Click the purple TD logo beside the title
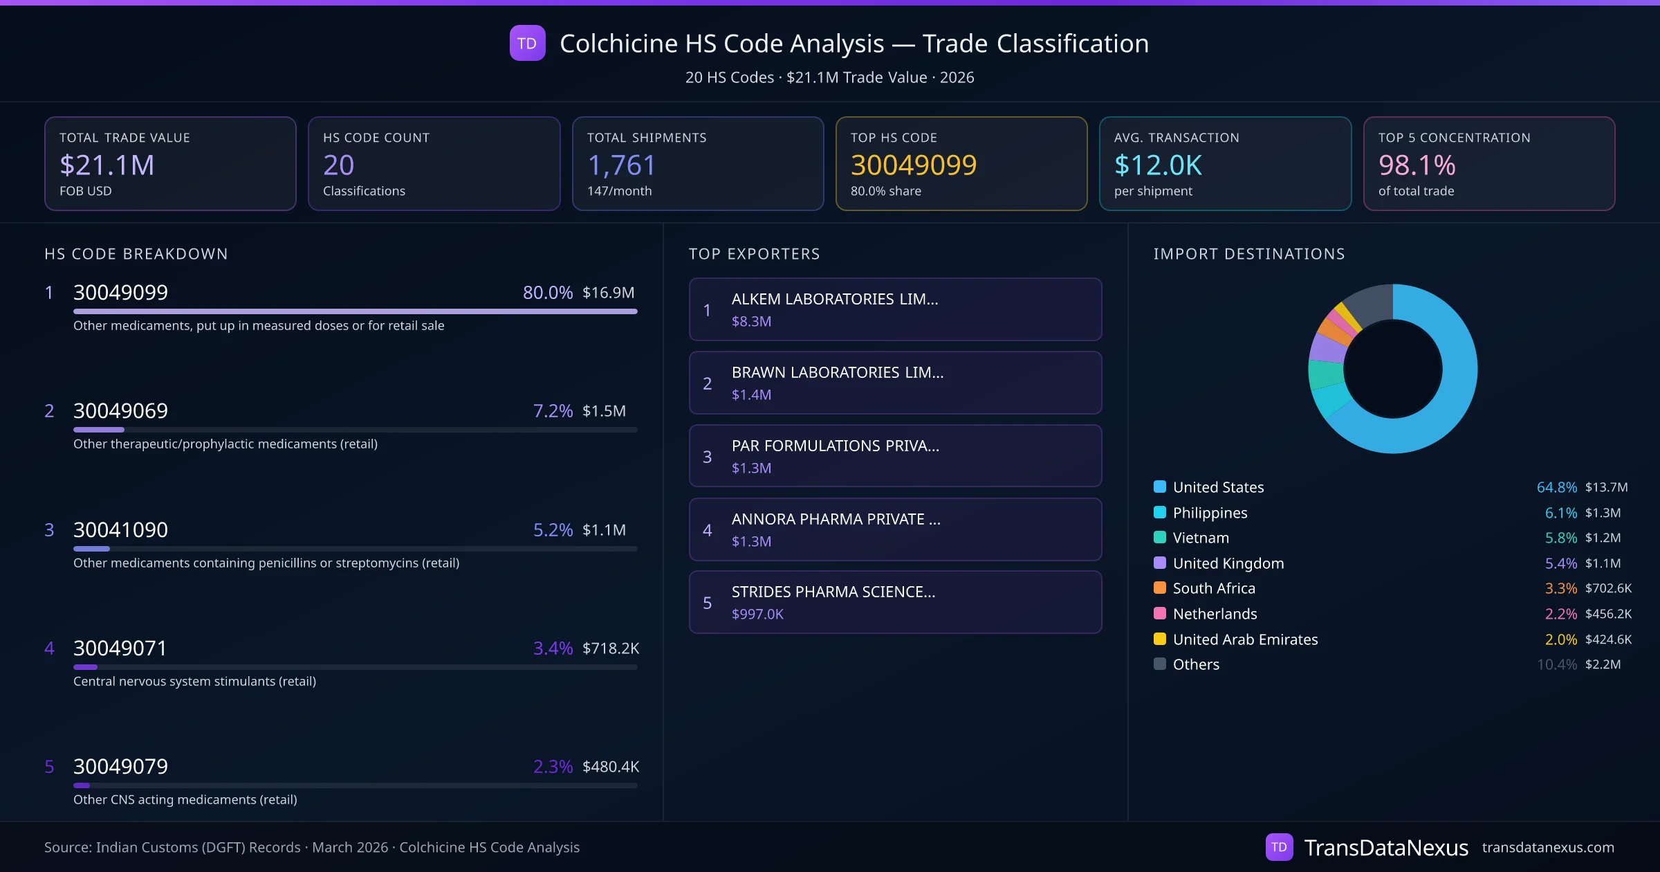click(527, 44)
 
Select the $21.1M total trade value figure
click(107, 165)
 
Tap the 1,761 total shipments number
click(621, 165)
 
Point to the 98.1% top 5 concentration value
click(1417, 165)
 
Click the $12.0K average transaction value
click(1158, 165)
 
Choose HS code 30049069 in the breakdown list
click(120, 411)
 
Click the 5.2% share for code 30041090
click(553, 530)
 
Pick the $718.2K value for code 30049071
click(610, 648)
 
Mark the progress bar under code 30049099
click(355, 311)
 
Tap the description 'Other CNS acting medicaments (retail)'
click(185, 800)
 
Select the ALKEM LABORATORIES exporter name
click(835, 299)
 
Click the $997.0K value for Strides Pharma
click(757, 615)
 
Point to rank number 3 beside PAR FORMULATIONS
click(707, 457)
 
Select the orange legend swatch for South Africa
click(1160, 588)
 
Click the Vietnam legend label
click(1201, 538)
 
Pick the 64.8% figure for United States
click(1556, 487)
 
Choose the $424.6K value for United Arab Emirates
click(1608, 639)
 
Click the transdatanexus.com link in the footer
click(1548, 848)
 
